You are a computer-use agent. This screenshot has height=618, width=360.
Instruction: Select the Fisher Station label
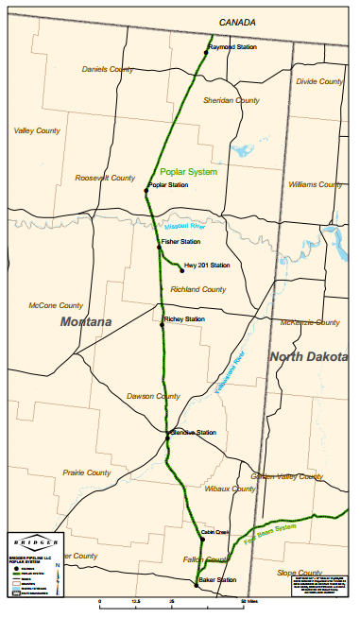pyautogui.click(x=180, y=242)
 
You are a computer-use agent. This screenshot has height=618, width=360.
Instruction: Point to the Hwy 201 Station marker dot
pyautogui.click(x=180, y=270)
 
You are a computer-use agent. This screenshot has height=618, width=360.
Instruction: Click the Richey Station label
pyautogui.click(x=184, y=319)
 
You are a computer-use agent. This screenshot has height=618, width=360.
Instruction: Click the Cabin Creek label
pyautogui.click(x=215, y=533)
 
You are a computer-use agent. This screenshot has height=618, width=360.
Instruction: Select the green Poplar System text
pyautogui.click(x=189, y=173)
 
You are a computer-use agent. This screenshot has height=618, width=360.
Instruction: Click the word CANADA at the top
pyautogui.click(x=238, y=21)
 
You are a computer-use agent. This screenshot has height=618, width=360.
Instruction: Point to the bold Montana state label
pyautogui.click(x=86, y=322)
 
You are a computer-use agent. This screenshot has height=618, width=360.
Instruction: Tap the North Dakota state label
pyautogui.click(x=309, y=356)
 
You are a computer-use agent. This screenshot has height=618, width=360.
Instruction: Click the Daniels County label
pyautogui.click(x=108, y=69)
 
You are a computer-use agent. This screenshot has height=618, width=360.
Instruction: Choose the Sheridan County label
pyautogui.click(x=231, y=100)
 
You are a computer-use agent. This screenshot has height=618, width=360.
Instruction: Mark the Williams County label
pyautogui.click(x=317, y=185)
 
